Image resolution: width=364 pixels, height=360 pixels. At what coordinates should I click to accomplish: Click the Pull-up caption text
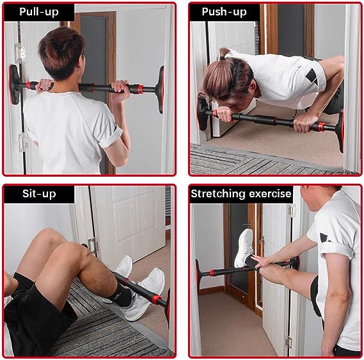click(x=39, y=12)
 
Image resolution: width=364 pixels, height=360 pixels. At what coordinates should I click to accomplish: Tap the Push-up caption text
click(x=225, y=12)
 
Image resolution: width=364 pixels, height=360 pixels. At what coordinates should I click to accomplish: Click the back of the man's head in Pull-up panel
click(x=61, y=51)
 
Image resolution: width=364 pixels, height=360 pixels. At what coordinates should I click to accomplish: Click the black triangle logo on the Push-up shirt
click(x=311, y=76)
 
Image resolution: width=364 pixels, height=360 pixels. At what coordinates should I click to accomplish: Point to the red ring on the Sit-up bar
click(x=156, y=300)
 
